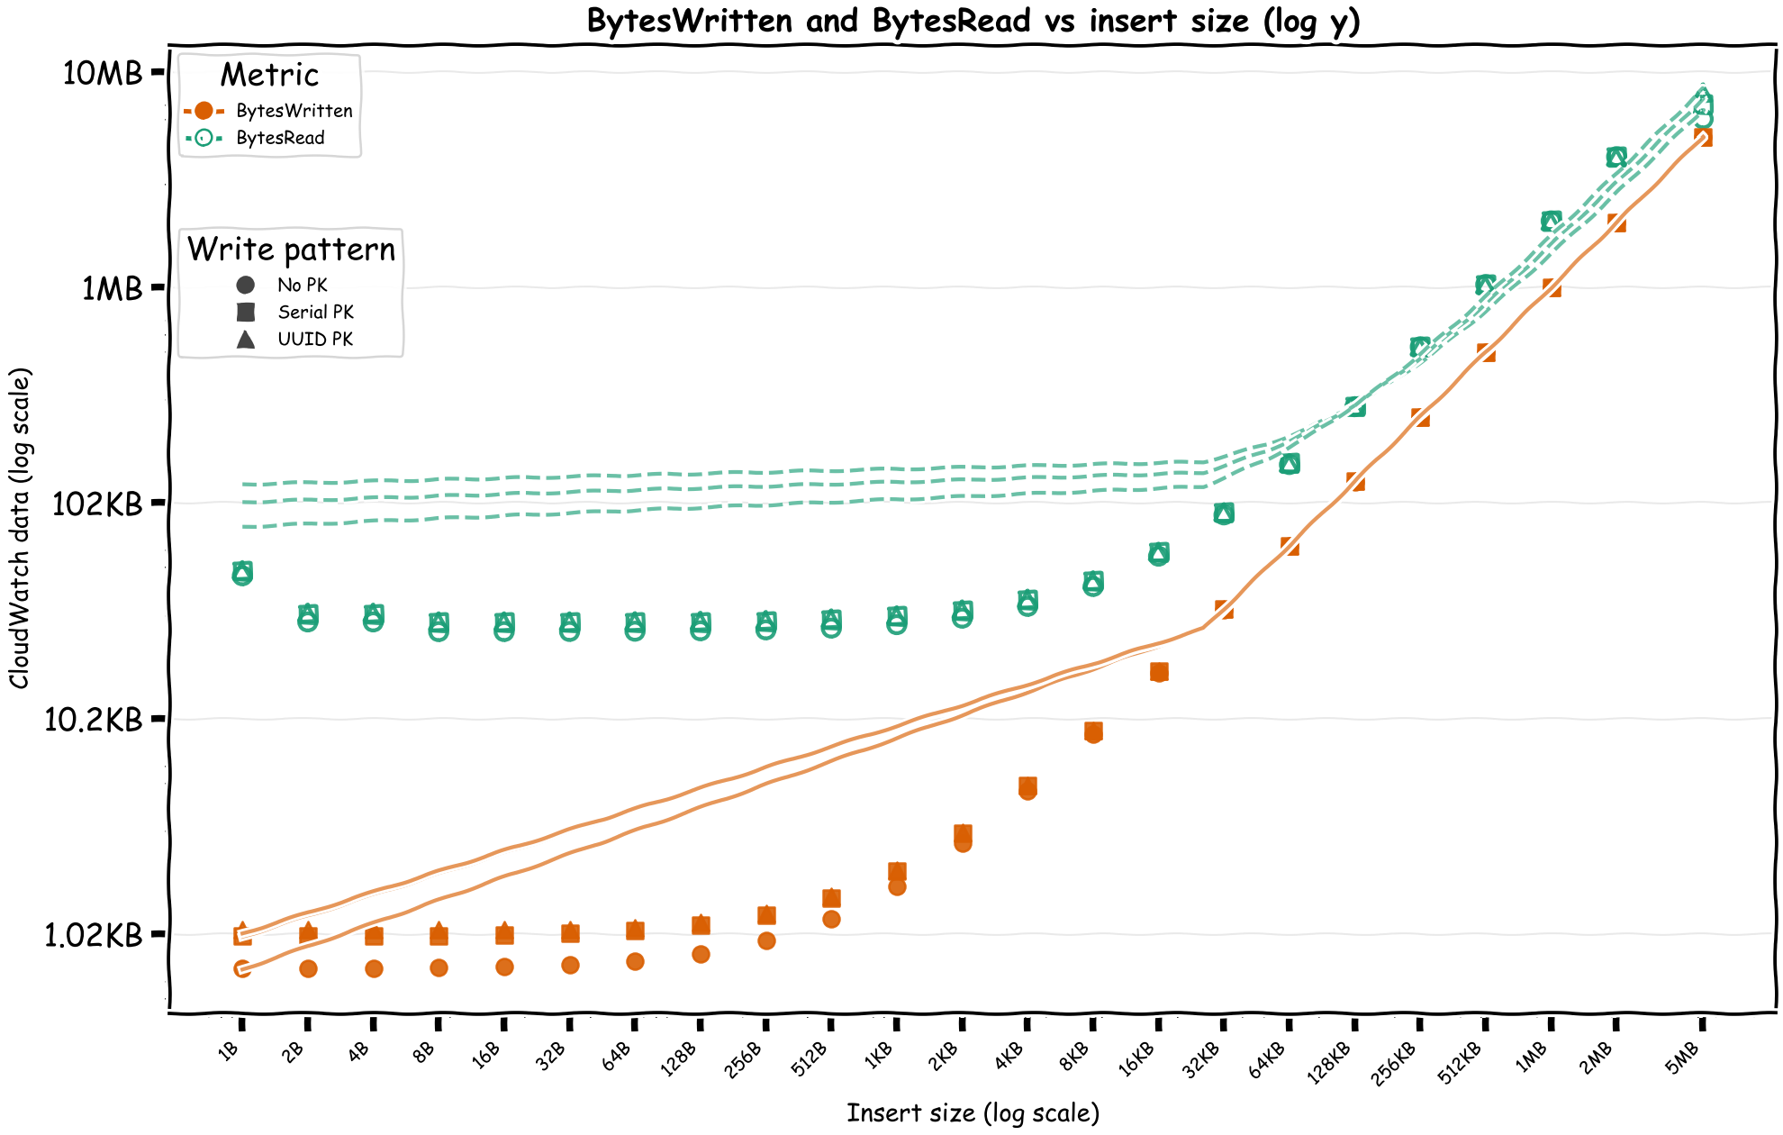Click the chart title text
coord(973,20)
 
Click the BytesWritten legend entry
coord(294,111)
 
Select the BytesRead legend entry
coord(280,138)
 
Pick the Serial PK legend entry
coord(315,312)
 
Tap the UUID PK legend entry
coord(315,339)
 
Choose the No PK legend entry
coord(303,285)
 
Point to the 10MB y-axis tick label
coord(103,73)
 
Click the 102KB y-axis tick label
coord(97,504)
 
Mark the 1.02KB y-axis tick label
coord(94,935)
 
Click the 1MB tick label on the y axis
coord(112,288)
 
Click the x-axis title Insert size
coord(973,1113)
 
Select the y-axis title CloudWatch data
coord(20,527)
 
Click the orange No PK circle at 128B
coord(701,954)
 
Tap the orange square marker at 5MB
coord(1702,137)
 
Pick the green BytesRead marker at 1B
coord(242,573)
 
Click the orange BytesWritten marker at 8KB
coord(1093,731)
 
